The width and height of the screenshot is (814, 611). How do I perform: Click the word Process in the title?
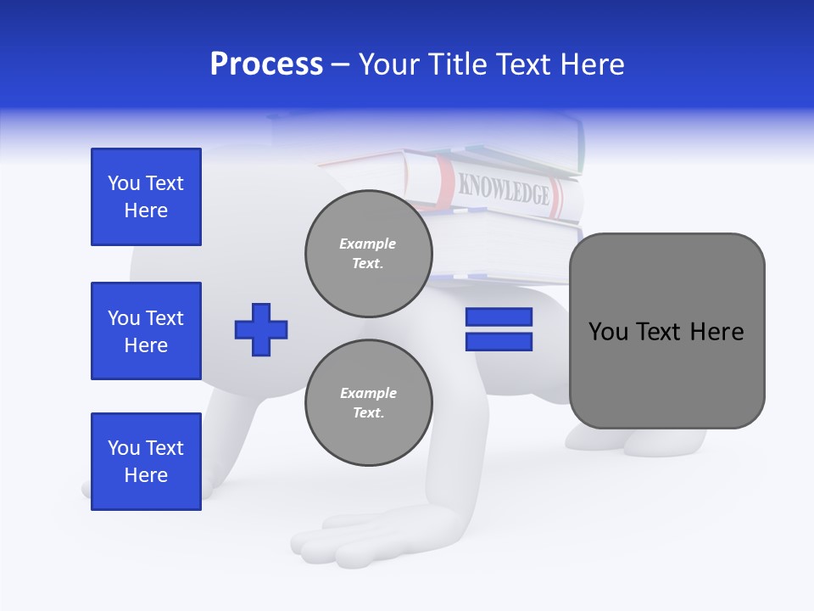(x=266, y=64)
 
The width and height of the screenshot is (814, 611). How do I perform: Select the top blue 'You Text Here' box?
(x=146, y=197)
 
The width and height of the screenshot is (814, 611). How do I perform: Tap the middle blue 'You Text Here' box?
(x=146, y=331)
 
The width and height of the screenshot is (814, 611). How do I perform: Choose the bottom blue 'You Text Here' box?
(x=146, y=462)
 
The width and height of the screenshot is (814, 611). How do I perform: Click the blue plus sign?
(x=261, y=328)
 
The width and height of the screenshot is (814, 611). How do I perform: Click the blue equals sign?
(x=499, y=329)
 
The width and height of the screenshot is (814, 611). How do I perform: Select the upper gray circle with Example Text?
(x=368, y=254)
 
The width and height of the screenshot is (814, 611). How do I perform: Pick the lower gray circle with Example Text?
(x=368, y=403)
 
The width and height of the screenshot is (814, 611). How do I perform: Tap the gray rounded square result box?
(x=666, y=331)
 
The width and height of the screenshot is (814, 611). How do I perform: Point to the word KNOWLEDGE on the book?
(x=504, y=189)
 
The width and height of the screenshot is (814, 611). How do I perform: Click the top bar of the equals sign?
(x=499, y=317)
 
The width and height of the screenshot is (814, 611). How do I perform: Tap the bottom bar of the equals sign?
(x=499, y=342)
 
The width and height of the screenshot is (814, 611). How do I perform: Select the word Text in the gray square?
(x=662, y=331)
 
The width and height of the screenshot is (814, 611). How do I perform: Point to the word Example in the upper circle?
(x=368, y=244)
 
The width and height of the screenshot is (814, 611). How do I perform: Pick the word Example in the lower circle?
(x=368, y=394)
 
